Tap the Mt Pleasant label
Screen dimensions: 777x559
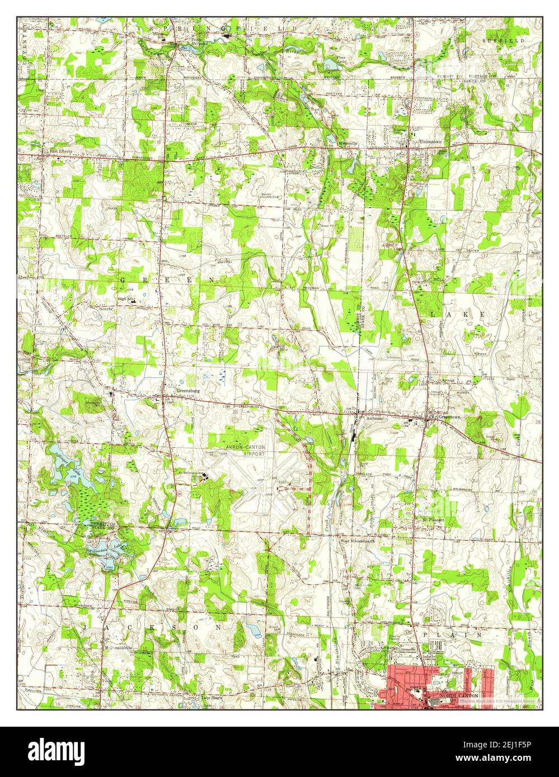pos(433,520)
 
